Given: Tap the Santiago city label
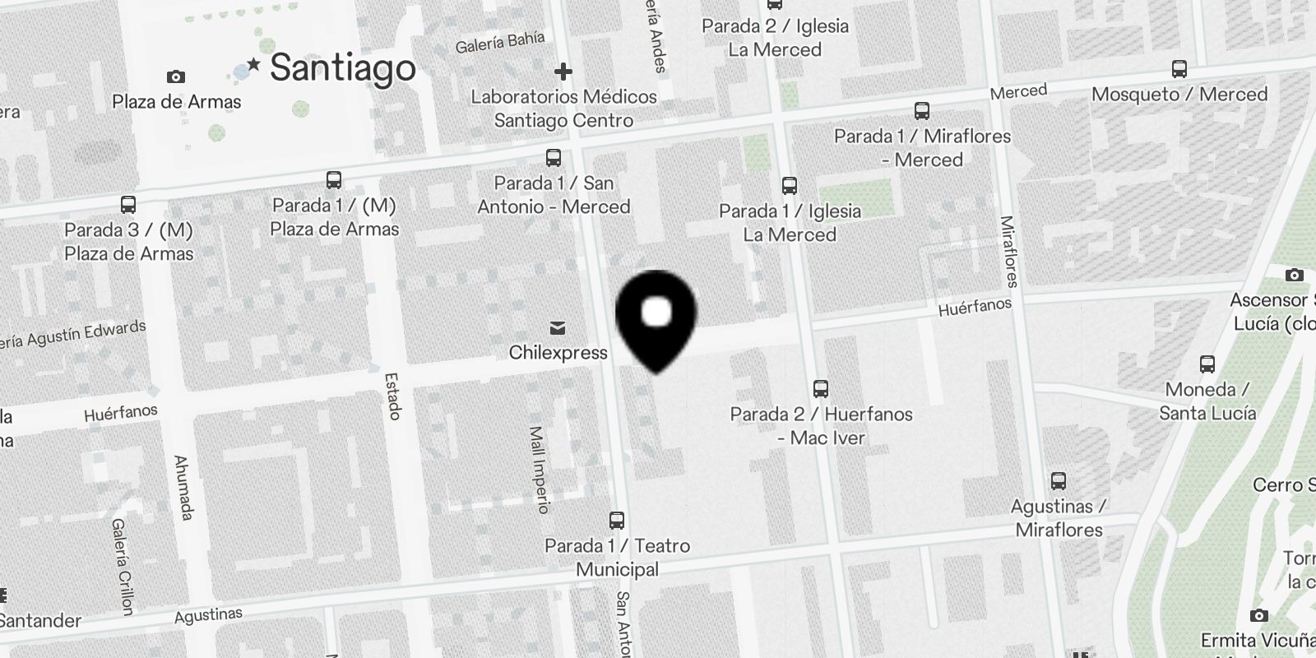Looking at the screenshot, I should coord(342,67).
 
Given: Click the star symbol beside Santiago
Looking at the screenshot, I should coord(254,64).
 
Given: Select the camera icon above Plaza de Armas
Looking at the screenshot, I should coord(175,77).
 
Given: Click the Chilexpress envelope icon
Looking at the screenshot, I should coord(558,329).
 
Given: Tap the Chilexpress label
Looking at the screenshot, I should coord(558,353).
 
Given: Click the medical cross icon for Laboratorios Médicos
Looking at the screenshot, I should coord(563,72).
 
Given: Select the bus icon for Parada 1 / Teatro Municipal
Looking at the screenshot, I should coord(617,521).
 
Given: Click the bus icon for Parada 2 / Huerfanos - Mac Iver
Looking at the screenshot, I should coord(820,388).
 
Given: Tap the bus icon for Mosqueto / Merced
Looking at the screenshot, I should coord(1179,69).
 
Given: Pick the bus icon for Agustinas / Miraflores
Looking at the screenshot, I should coord(1059,481).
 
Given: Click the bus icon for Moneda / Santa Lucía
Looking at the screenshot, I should coord(1207,364).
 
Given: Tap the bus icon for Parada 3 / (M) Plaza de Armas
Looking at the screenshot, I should coord(128,205).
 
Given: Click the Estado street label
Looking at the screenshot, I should coord(392,396).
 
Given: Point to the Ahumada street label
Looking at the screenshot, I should coord(183,488).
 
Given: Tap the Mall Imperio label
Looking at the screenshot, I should coord(539,470).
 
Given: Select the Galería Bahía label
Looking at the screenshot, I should coord(500,43).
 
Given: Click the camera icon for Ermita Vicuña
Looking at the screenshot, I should coord(1258,615).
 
